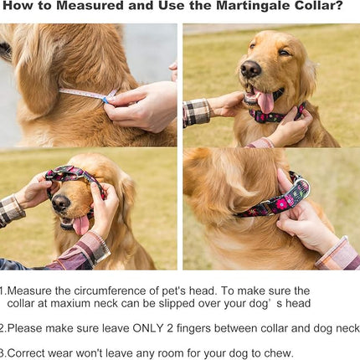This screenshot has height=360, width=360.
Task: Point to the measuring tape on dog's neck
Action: tap(84, 93)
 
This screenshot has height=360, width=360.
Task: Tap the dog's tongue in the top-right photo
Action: tap(266, 101)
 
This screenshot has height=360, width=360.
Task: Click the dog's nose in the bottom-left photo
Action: tap(60, 202)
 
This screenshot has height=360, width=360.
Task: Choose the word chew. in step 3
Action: tap(278, 352)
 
